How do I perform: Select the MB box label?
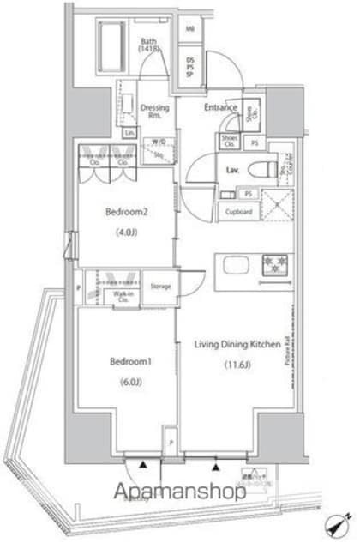coord(190,29)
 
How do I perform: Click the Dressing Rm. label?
coord(155,111)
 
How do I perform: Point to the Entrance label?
coord(219,107)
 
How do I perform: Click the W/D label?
coord(159,142)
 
